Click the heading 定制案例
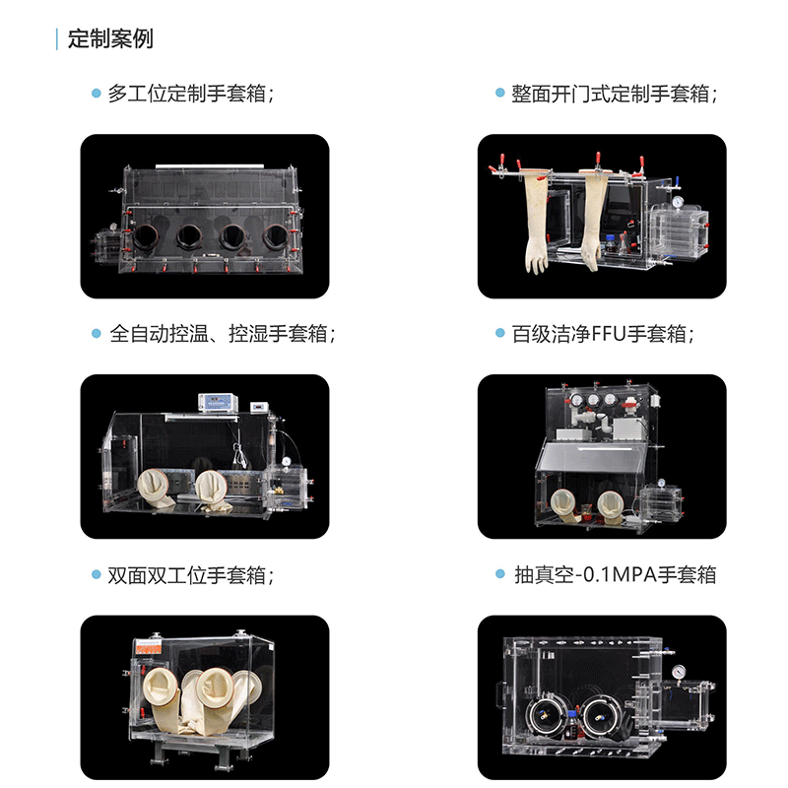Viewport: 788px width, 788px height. click(110, 39)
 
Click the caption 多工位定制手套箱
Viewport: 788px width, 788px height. click(187, 94)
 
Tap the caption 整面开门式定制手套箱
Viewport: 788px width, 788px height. click(610, 94)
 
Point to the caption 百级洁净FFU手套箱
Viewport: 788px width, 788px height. click(599, 334)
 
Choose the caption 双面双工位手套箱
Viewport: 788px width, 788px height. click(187, 575)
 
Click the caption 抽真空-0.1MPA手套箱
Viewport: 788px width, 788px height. click(615, 574)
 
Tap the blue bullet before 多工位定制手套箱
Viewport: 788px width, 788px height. click(97, 93)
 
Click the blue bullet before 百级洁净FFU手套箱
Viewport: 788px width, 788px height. click(500, 333)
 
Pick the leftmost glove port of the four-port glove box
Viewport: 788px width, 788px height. click(146, 237)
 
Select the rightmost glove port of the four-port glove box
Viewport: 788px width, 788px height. click(276, 236)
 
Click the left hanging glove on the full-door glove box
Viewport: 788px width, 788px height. click(537, 221)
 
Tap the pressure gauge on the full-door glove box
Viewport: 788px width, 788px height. click(678, 202)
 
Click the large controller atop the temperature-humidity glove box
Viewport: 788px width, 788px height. click(219, 403)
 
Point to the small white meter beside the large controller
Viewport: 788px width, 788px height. click(260, 407)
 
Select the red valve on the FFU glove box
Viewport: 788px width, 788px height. click(630, 403)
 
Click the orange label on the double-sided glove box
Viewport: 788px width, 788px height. click(149, 648)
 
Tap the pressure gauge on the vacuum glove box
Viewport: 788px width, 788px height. click(679, 672)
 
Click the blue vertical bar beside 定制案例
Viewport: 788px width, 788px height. click(57, 39)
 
